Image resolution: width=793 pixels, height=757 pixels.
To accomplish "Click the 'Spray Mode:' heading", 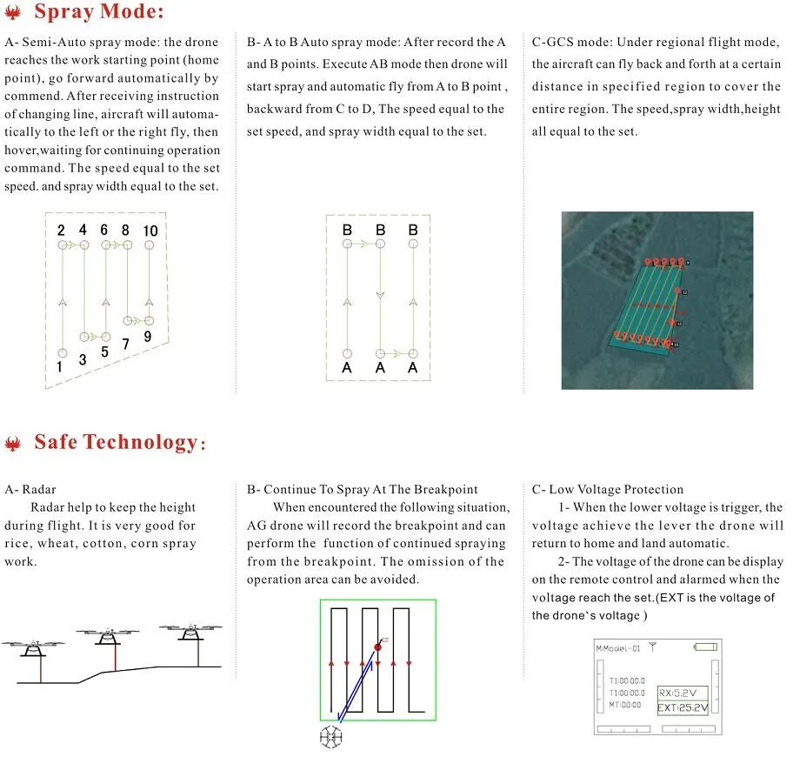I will pos(98,13).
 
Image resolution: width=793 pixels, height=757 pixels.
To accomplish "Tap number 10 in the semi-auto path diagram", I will pos(150,231).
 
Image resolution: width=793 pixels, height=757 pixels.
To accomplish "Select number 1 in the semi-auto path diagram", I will pos(60,367).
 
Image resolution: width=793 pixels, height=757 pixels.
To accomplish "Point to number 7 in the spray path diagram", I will pos(127,345).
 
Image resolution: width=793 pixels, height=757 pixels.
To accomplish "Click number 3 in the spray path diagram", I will pos(83,359).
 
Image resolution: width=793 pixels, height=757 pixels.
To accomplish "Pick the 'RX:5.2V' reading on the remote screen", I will pos(682,693).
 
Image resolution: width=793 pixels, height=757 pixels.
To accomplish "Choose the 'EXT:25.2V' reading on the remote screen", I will pos(683,707).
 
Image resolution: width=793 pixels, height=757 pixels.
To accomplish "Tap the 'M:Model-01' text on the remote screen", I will pos(617,648).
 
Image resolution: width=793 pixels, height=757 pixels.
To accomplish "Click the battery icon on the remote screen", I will pos(705,646).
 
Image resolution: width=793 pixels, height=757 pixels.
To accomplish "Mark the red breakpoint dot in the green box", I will pos(377,646).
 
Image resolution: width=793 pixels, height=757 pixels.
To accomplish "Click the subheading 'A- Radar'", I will pos(30,490).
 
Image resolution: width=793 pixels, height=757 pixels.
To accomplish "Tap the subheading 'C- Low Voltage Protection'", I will pos(608,490).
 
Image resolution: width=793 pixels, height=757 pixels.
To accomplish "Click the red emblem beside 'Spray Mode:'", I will pos(14,14).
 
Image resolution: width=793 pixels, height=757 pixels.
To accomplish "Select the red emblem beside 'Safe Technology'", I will pos(13,444).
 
